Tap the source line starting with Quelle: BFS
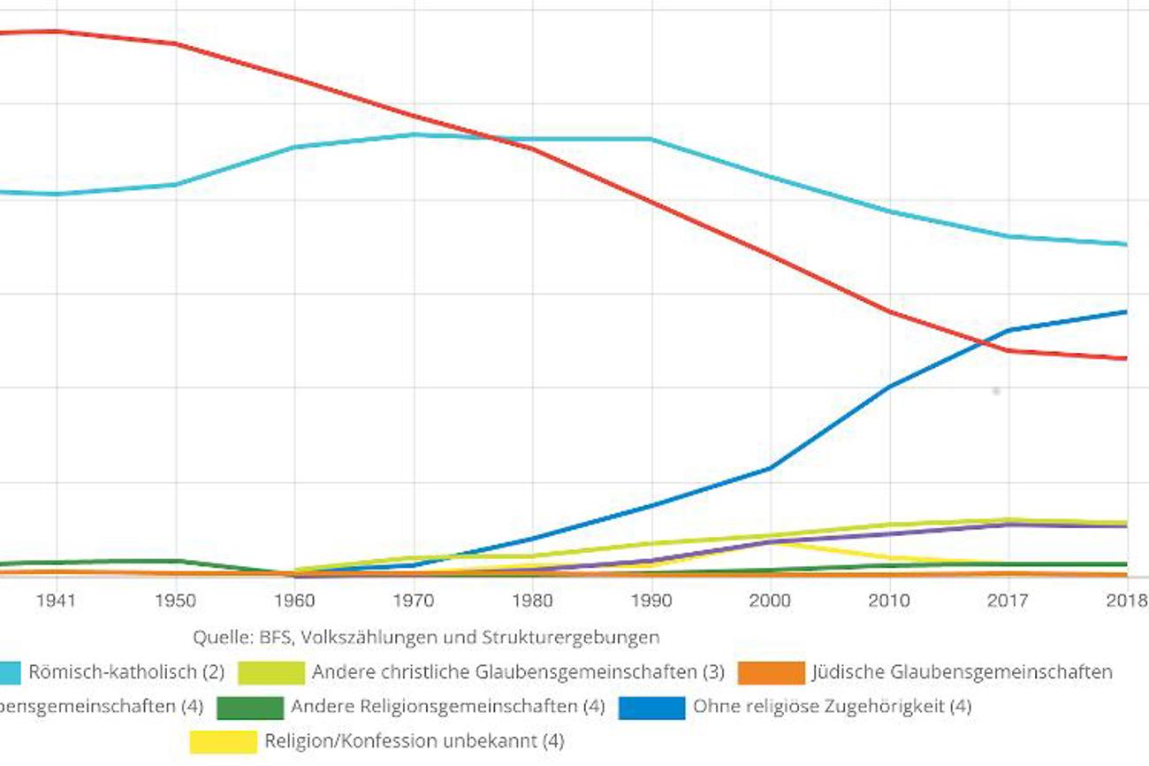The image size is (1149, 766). [x=426, y=637]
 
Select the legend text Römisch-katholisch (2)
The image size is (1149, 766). [x=126, y=672]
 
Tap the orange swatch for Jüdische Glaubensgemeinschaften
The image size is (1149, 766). [x=771, y=672]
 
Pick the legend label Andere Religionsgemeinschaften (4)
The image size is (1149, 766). [x=447, y=707]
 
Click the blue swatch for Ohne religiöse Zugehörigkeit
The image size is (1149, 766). [x=651, y=707]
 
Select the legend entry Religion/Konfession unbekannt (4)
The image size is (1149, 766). [x=414, y=741]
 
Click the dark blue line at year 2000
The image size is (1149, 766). [x=770, y=468]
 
